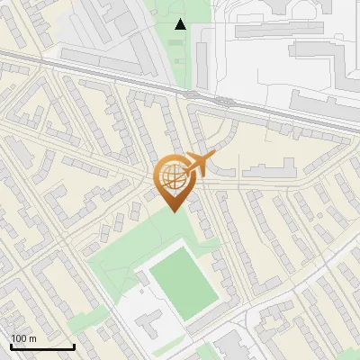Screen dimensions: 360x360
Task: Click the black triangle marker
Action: click(181, 24)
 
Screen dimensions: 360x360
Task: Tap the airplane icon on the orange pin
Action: click(200, 164)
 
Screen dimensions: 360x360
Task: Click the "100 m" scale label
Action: click(23, 338)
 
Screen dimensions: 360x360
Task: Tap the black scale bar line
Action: click(42, 346)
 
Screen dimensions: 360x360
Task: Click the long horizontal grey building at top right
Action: click(279, 30)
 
